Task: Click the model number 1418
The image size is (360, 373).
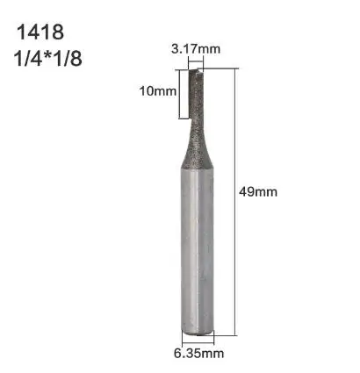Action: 40,32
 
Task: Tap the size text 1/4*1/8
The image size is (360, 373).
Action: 47,59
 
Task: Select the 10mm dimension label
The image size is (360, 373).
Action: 158,91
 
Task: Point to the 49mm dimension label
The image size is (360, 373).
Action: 258,192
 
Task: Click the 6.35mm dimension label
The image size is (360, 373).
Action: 199,354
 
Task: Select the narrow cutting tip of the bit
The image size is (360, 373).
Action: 195,94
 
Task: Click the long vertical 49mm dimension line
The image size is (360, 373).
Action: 235,202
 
